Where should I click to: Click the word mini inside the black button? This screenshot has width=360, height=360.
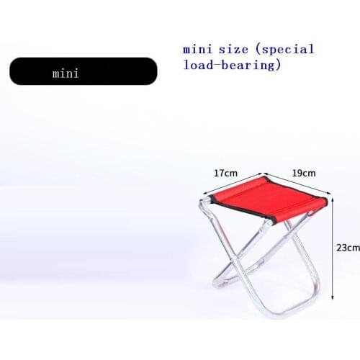66,73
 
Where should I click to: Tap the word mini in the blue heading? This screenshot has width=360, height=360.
197,50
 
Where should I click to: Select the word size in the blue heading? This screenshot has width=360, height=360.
236,50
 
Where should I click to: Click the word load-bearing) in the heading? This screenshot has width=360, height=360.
230,66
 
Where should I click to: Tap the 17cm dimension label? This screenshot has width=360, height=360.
225,173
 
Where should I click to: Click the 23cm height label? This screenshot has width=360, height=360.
348,247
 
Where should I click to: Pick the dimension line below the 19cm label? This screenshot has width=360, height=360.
297,184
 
